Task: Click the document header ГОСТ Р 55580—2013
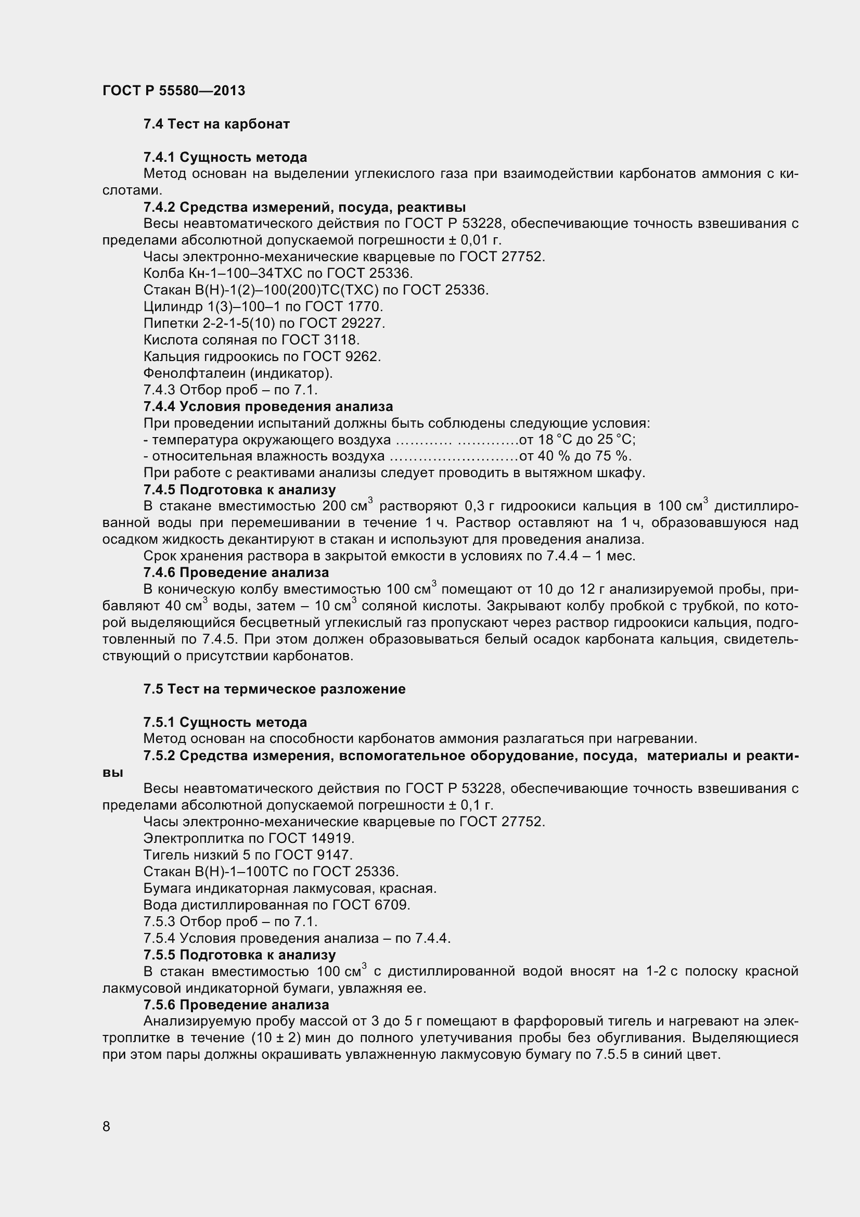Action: pyautogui.click(x=174, y=91)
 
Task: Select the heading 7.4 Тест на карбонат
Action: pyautogui.click(x=216, y=124)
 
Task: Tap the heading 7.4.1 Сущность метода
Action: pyautogui.click(x=225, y=158)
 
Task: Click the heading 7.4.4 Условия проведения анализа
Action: pyautogui.click(x=268, y=406)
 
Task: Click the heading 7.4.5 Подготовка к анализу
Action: pyautogui.click(x=239, y=490)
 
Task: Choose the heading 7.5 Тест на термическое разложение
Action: pyautogui.click(x=275, y=689)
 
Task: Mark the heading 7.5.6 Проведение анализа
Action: pyautogui.click(x=236, y=1004)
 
